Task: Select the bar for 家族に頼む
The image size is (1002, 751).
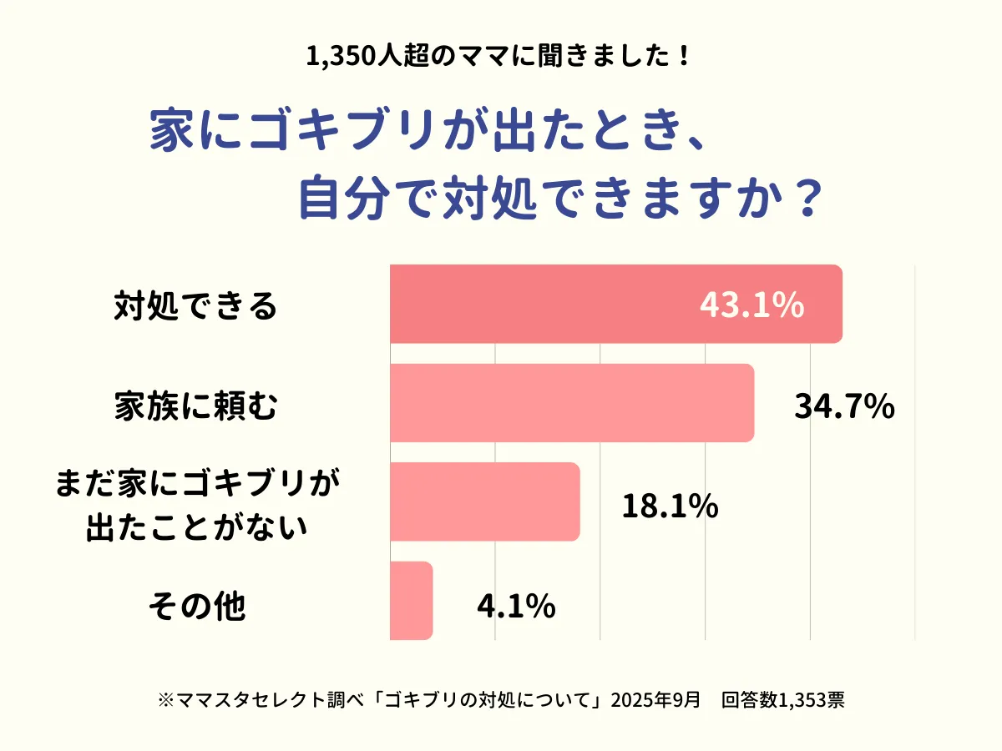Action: coord(572,403)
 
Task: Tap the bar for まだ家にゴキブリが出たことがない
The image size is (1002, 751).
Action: coord(484,502)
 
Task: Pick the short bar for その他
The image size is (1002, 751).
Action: coord(411,601)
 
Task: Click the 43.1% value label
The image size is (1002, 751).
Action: coord(751,306)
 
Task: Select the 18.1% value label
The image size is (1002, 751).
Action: coord(671,506)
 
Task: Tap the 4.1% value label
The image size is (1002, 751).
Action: coord(516,606)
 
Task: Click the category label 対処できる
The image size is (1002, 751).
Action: coord(195,306)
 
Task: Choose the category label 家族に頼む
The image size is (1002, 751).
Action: coord(195,406)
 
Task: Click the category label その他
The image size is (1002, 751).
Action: coord(197,606)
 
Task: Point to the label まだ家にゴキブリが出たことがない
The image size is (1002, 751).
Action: coord(197,505)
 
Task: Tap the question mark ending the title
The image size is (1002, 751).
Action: coord(801,201)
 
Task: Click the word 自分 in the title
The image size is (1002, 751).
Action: coord(339,201)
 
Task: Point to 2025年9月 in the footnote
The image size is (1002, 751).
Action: coord(655,699)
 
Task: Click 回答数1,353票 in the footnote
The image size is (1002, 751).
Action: coord(783,699)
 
